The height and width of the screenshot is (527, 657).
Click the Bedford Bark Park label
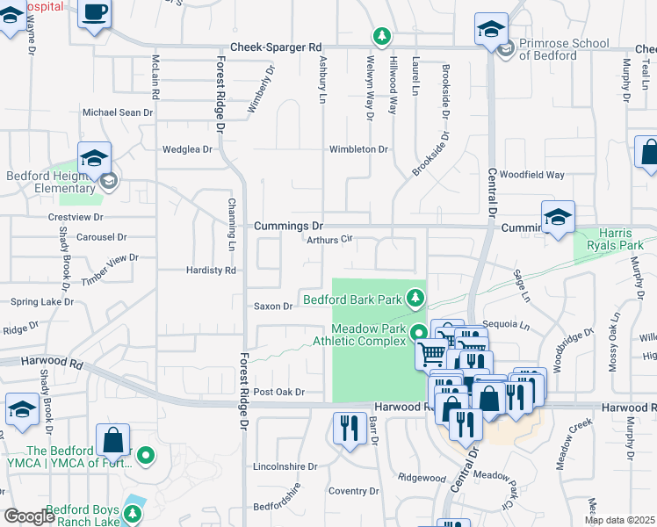(353, 300)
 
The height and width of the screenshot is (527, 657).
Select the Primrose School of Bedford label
(563, 49)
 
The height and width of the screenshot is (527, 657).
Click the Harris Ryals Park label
(616, 239)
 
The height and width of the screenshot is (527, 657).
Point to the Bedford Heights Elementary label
(50, 182)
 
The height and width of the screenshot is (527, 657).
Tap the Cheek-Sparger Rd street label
(276, 47)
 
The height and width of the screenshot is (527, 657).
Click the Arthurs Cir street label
(328, 238)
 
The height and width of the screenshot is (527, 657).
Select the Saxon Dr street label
(273, 307)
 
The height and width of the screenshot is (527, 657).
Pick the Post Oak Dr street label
(278, 392)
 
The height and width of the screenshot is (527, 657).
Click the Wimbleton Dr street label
(358, 149)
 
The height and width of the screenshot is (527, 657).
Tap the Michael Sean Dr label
(118, 112)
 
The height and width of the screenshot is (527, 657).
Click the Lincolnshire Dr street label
(283, 466)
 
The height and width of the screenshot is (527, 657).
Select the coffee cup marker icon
(95, 13)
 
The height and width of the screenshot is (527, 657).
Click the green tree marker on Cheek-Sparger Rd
(381, 37)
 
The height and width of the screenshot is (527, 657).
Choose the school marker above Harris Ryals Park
(558, 218)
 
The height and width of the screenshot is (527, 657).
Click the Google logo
(29, 516)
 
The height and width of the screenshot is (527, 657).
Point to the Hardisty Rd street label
(212, 271)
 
